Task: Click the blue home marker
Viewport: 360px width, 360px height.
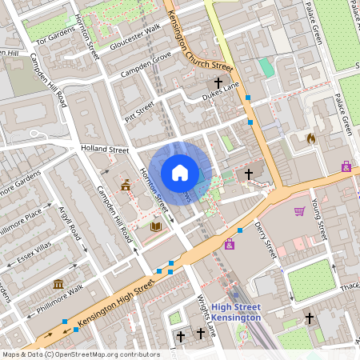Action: (x=180, y=173)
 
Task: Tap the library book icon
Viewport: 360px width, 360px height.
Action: (x=155, y=226)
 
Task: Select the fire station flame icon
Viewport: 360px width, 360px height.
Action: (x=310, y=138)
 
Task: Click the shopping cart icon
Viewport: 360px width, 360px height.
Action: (x=299, y=211)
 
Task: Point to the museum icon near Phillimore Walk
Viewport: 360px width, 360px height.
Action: (x=58, y=284)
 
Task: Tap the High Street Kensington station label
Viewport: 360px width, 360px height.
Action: (x=237, y=313)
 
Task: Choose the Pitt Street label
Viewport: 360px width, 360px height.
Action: (x=138, y=109)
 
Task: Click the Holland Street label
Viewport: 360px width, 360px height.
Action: (x=104, y=149)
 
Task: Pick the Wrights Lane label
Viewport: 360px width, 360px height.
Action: (x=206, y=315)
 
